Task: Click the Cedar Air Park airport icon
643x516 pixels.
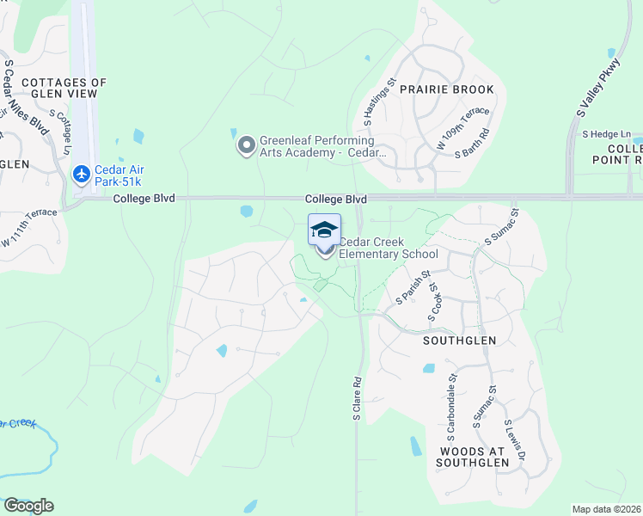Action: coord(83,175)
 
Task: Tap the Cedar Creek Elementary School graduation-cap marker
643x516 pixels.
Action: coord(324,230)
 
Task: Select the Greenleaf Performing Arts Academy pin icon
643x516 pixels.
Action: coord(247,146)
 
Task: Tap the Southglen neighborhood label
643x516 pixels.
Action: coord(459,341)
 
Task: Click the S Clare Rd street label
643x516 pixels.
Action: coord(357,397)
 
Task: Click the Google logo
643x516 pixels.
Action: coord(28,506)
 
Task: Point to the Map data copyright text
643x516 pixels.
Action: coord(607,509)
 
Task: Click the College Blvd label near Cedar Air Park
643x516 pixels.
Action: coord(144,199)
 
